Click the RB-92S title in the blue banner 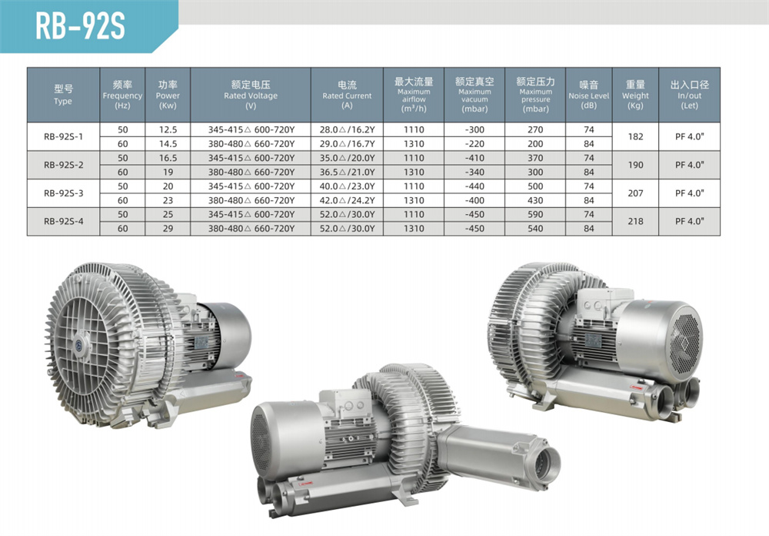click(x=81, y=26)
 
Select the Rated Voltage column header click(x=251, y=95)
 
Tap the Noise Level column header click(x=588, y=95)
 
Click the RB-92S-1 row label click(x=63, y=136)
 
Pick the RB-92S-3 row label click(x=63, y=193)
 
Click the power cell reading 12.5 click(x=168, y=129)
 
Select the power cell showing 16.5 click(x=168, y=158)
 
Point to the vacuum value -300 click(x=474, y=129)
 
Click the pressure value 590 click(x=535, y=215)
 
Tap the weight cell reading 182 click(x=635, y=136)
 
